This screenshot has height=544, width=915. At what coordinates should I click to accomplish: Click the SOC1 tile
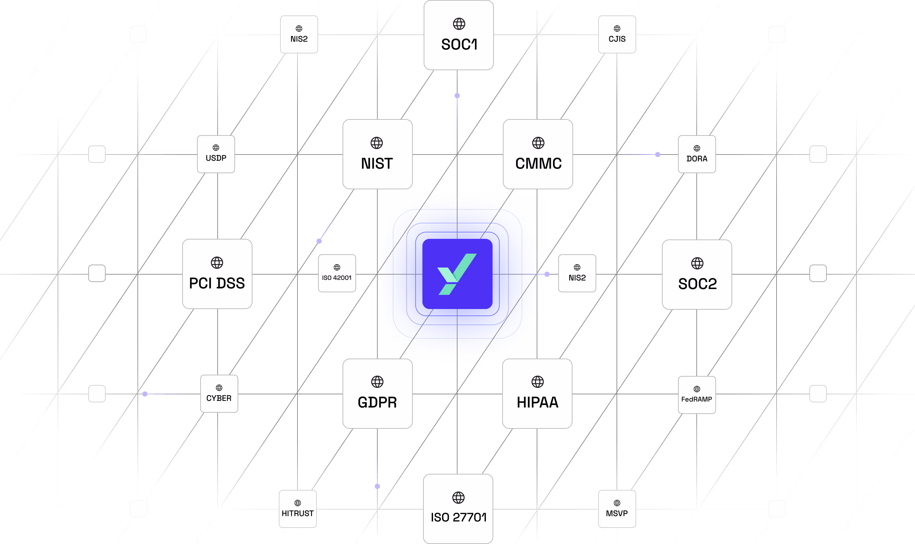[x=458, y=35]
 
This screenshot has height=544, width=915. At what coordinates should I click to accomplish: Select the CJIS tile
[x=617, y=34]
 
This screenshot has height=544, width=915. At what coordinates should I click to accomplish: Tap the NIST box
[x=377, y=154]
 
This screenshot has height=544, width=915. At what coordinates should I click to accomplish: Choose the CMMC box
[x=538, y=154]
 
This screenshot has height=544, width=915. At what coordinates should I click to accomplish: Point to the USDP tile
[x=216, y=154]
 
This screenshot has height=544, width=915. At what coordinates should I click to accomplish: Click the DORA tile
[x=696, y=154]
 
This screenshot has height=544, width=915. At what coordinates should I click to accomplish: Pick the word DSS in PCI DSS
[x=231, y=283]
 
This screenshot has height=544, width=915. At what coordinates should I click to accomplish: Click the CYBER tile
[x=219, y=394]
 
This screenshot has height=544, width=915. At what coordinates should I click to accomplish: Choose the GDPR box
[x=377, y=394]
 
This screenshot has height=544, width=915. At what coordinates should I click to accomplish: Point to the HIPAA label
[x=537, y=402]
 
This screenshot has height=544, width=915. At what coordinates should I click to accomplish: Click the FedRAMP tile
[x=696, y=395]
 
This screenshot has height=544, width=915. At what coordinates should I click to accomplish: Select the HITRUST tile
[x=298, y=509]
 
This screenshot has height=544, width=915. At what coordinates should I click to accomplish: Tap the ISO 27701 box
[x=458, y=509]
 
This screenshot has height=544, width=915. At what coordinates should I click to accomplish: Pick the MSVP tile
[x=617, y=509]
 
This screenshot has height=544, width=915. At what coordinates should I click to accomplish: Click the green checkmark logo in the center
[x=457, y=274]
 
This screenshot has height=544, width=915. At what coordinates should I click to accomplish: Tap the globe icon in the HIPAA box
[x=537, y=382]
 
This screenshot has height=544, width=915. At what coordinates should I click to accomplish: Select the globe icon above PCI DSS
[x=217, y=262]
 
